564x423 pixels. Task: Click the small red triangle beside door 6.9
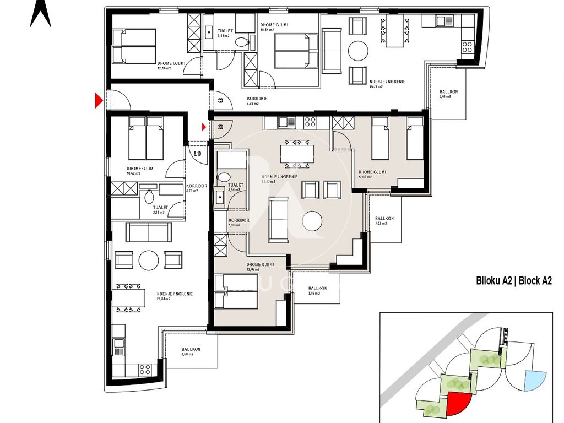(204, 127)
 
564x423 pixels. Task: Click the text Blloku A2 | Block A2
(513, 280)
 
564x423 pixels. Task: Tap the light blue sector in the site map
(533, 381)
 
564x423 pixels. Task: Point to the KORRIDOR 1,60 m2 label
(238, 223)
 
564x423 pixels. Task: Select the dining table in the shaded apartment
(297, 153)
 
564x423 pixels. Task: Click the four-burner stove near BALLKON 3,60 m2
(144, 368)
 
